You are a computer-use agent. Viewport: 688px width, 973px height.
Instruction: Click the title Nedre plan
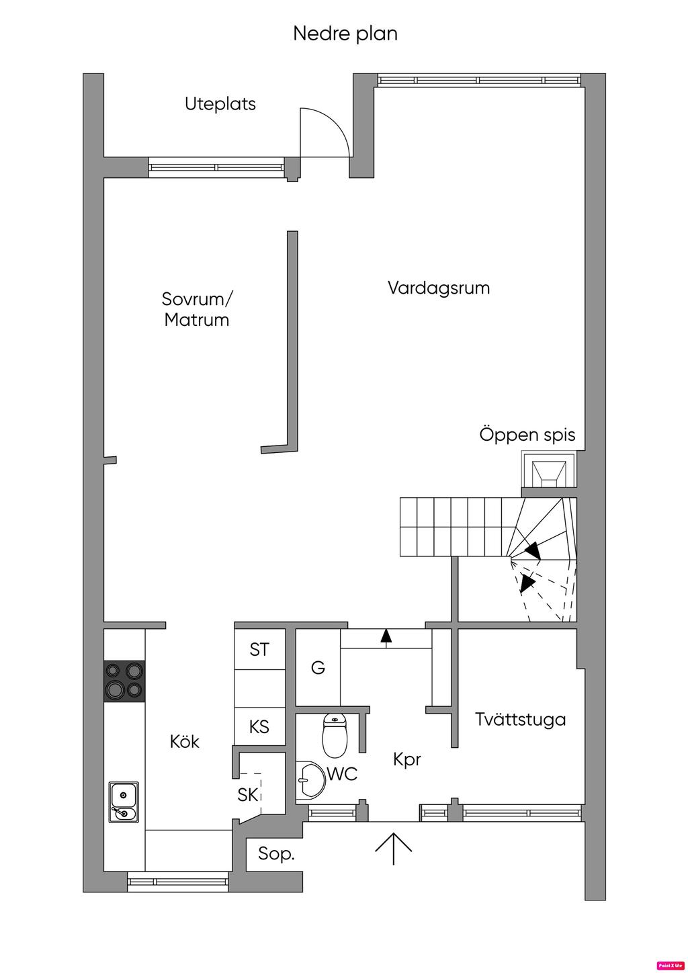pos(345,34)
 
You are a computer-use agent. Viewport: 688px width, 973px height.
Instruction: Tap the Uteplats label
pos(220,104)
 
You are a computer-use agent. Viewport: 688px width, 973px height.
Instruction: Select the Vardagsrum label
pos(439,288)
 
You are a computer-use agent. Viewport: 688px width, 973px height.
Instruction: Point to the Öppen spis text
pos(527,434)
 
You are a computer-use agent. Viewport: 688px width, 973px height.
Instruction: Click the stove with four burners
pos(124,681)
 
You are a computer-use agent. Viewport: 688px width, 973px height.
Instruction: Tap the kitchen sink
pos(124,802)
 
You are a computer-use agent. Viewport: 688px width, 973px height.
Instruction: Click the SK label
pos(248,794)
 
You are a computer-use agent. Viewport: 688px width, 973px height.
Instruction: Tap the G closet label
pos(318,667)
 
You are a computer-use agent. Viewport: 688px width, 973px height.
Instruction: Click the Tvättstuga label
pos(520,719)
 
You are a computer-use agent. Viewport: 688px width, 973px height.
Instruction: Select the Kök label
pos(185,742)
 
